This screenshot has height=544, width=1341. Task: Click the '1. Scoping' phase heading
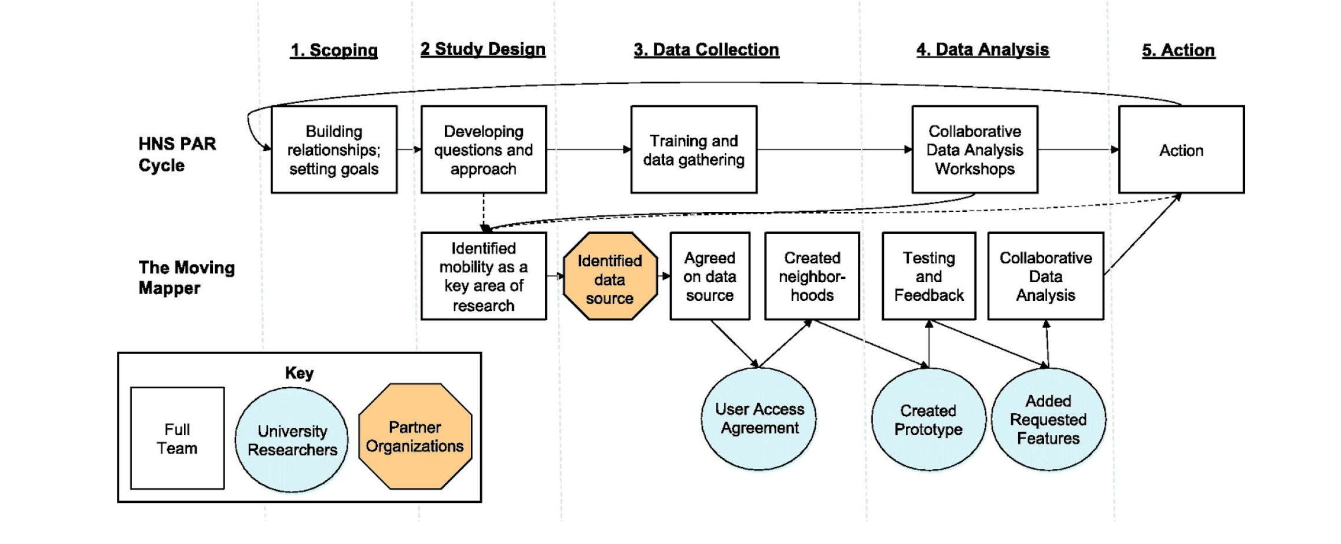[x=334, y=50]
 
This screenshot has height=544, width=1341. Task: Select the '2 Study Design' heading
[x=482, y=49]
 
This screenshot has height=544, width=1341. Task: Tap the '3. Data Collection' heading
[x=706, y=50]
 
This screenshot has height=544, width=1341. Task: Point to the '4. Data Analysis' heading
[x=982, y=50]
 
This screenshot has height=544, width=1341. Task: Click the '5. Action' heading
[x=1178, y=50]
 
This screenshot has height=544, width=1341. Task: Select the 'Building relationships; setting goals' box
[x=334, y=150]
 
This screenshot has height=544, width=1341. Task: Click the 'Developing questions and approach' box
[x=483, y=150]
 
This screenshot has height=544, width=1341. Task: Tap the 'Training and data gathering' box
[x=693, y=150]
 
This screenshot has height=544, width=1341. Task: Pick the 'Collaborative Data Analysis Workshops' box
[x=974, y=150]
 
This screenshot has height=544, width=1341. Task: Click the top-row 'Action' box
[x=1181, y=150]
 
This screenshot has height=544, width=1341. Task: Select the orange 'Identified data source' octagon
[x=610, y=277]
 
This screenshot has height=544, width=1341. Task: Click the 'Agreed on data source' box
[x=709, y=277]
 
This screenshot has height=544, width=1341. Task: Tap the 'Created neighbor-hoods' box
[x=812, y=277]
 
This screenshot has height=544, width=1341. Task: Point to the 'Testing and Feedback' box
[x=929, y=277]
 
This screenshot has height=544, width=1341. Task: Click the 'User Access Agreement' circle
[x=759, y=418]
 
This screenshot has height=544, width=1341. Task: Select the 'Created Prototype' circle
[x=928, y=420]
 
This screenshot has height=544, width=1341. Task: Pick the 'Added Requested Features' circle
[x=1048, y=420]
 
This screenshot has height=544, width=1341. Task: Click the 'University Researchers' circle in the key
[x=292, y=440]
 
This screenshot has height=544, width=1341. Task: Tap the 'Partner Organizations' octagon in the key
[x=415, y=436]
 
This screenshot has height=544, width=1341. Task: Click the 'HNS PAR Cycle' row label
[x=176, y=155]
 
